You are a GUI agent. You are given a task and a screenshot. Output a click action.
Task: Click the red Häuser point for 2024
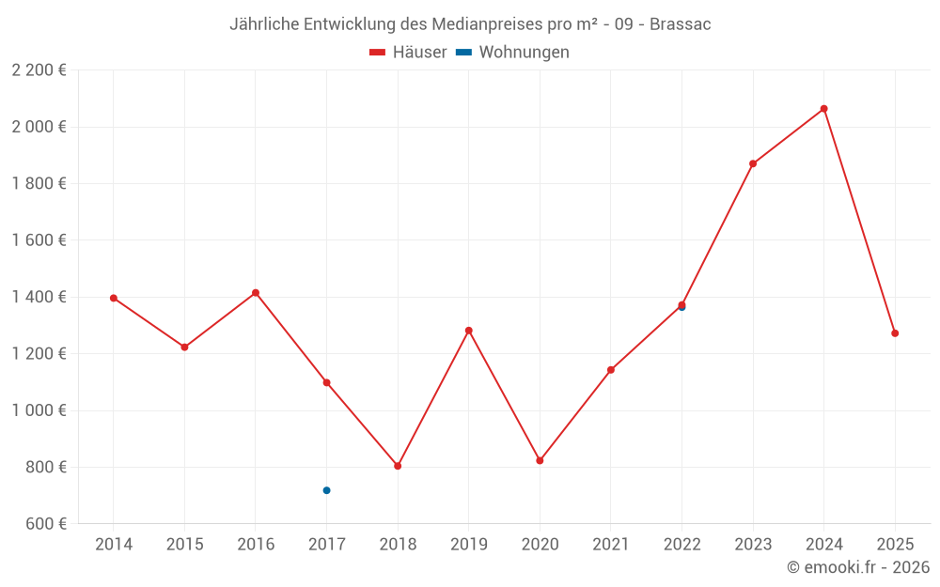click(823, 109)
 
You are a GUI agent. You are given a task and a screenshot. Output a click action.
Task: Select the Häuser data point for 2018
click(398, 466)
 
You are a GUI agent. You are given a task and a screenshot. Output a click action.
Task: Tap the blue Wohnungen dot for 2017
click(326, 490)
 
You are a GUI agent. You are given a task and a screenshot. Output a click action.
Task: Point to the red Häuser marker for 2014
click(114, 298)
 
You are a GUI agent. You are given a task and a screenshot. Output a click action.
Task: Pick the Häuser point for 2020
click(540, 460)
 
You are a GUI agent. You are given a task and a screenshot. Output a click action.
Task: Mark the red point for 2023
click(753, 163)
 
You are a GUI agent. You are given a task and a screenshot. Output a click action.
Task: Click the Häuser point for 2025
click(895, 333)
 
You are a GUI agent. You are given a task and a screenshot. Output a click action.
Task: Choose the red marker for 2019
click(468, 331)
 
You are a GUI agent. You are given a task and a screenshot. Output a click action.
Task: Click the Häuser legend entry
click(408, 53)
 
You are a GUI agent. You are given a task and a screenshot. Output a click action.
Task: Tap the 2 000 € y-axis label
click(39, 127)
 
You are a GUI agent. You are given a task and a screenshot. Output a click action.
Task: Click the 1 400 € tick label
click(39, 297)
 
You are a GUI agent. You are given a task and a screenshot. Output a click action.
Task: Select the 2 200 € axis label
click(39, 70)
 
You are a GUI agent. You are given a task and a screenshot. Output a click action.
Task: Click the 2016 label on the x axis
click(256, 545)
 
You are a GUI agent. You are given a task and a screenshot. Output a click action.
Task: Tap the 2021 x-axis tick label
click(611, 545)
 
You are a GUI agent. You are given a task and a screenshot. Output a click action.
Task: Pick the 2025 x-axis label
click(895, 545)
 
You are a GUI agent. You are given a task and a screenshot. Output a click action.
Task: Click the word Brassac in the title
click(680, 24)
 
